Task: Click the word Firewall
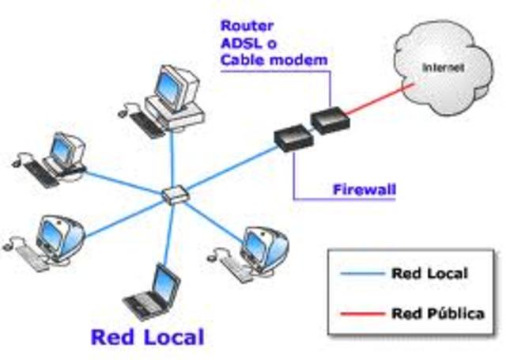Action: click(x=363, y=190)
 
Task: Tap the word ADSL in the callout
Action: click(x=241, y=43)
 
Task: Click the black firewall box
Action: click(x=292, y=139)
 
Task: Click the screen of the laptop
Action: click(x=167, y=280)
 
